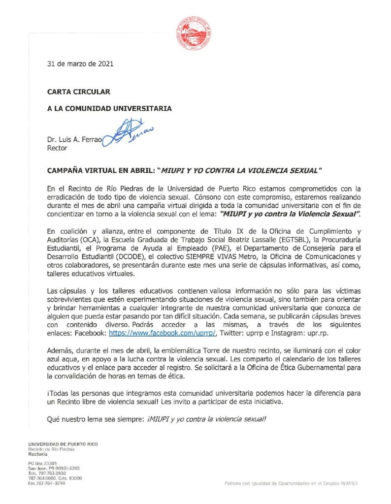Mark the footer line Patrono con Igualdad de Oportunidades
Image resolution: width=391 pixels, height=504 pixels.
[x=291, y=484]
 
